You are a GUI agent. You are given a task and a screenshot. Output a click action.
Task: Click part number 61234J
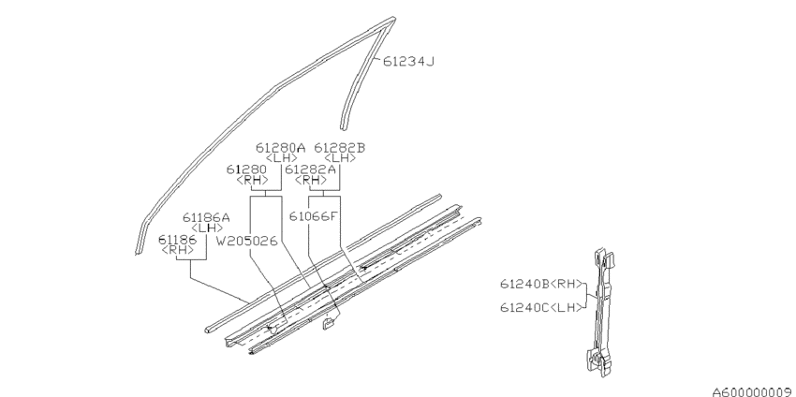tap(408, 62)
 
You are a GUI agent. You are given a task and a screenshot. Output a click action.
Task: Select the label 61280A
tap(280, 148)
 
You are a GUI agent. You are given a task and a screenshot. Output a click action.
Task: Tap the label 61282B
tap(340, 148)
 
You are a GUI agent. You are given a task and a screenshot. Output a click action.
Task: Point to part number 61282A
tap(310, 169)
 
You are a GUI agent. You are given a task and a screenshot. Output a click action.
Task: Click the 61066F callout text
tap(313, 216)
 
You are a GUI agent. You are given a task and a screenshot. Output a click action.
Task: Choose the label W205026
tap(246, 242)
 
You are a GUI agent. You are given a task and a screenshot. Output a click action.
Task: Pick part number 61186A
tap(206, 218)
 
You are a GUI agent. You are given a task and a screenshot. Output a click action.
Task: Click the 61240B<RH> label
tap(541, 285)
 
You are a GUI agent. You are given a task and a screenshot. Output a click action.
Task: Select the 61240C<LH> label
tap(541, 308)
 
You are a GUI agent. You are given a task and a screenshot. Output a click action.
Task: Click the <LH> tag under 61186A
tap(207, 228)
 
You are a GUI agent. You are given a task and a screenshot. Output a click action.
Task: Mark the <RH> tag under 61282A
tap(311, 180)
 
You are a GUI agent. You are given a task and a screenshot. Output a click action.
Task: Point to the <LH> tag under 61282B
tap(340, 158)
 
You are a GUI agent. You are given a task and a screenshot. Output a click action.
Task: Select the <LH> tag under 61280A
tap(281, 158)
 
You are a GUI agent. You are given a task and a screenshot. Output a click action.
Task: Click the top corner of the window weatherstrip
tap(393, 20)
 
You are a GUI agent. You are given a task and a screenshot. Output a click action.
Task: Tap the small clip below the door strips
tap(329, 323)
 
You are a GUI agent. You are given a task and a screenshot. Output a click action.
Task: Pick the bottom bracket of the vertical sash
tap(598, 362)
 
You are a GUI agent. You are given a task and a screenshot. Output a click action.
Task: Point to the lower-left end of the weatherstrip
tap(138, 251)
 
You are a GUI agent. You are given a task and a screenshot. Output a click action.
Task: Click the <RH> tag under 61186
tap(178, 250)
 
